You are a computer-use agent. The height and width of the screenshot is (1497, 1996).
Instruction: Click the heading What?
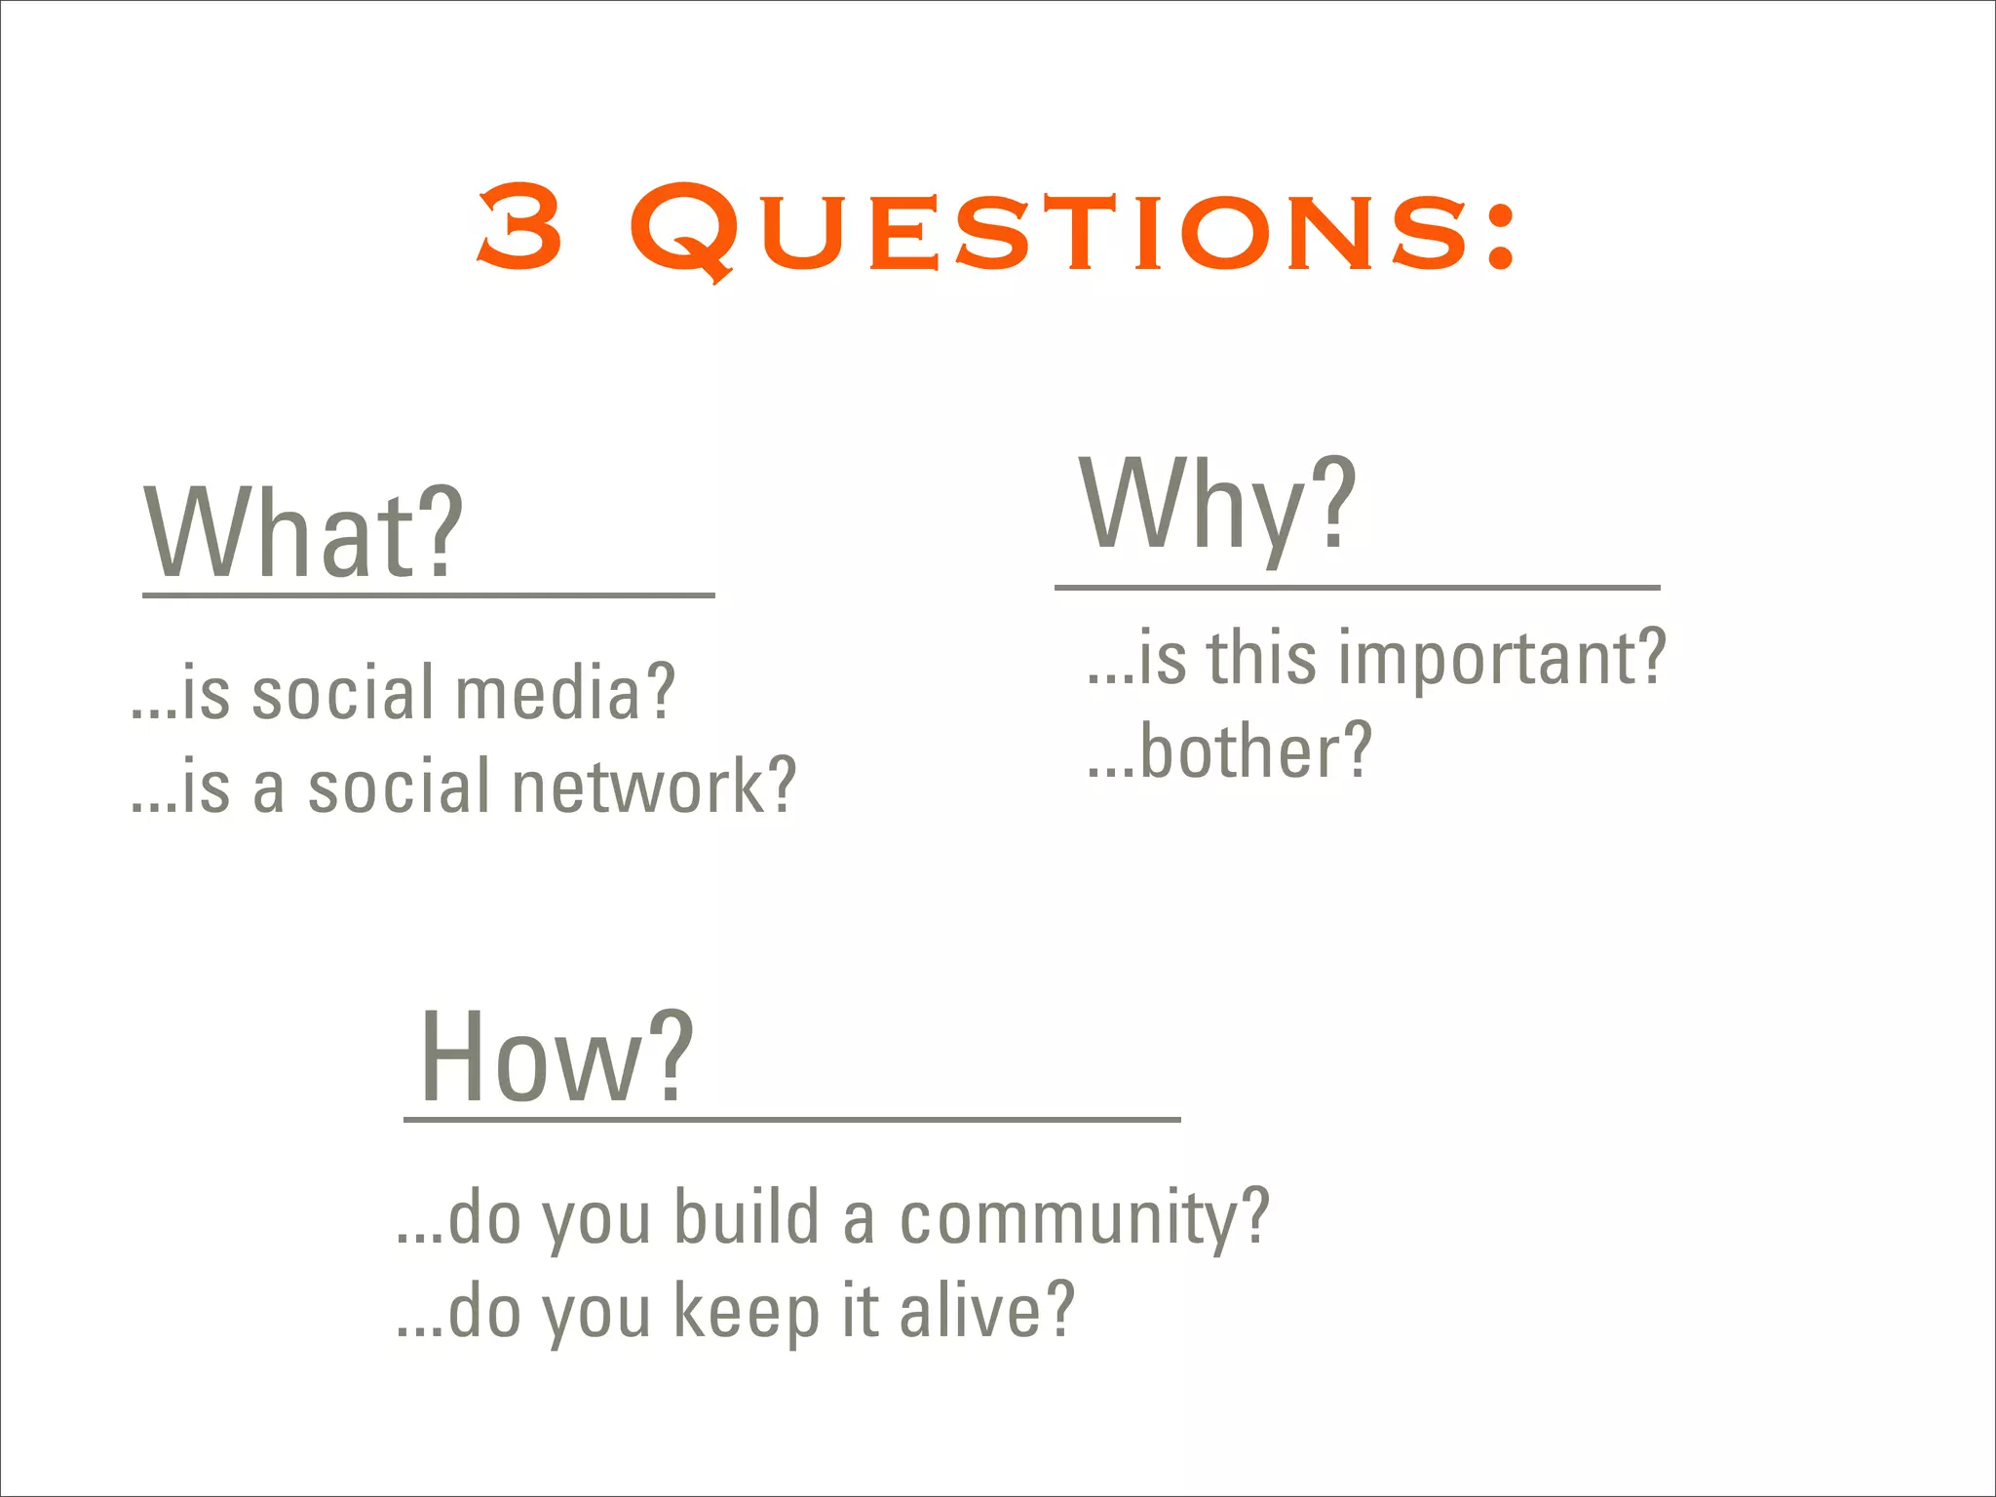pyautogui.click(x=303, y=533)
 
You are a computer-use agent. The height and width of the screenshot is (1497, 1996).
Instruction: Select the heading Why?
pyautogui.click(x=1217, y=507)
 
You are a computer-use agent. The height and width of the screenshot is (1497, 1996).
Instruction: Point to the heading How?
pyautogui.click(x=557, y=1057)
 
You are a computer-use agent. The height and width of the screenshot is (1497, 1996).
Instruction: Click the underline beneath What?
pyautogui.click(x=429, y=595)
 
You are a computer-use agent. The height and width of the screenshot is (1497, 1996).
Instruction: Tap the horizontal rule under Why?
pyautogui.click(x=1357, y=588)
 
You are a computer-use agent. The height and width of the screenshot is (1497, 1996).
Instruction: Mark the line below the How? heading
pyautogui.click(x=791, y=1120)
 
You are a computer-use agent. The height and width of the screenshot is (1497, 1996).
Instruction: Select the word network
pyautogui.click(x=639, y=787)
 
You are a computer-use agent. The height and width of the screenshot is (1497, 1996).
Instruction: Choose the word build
pyautogui.click(x=747, y=1217)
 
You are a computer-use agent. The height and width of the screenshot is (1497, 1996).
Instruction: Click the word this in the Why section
pyautogui.click(x=1262, y=658)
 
